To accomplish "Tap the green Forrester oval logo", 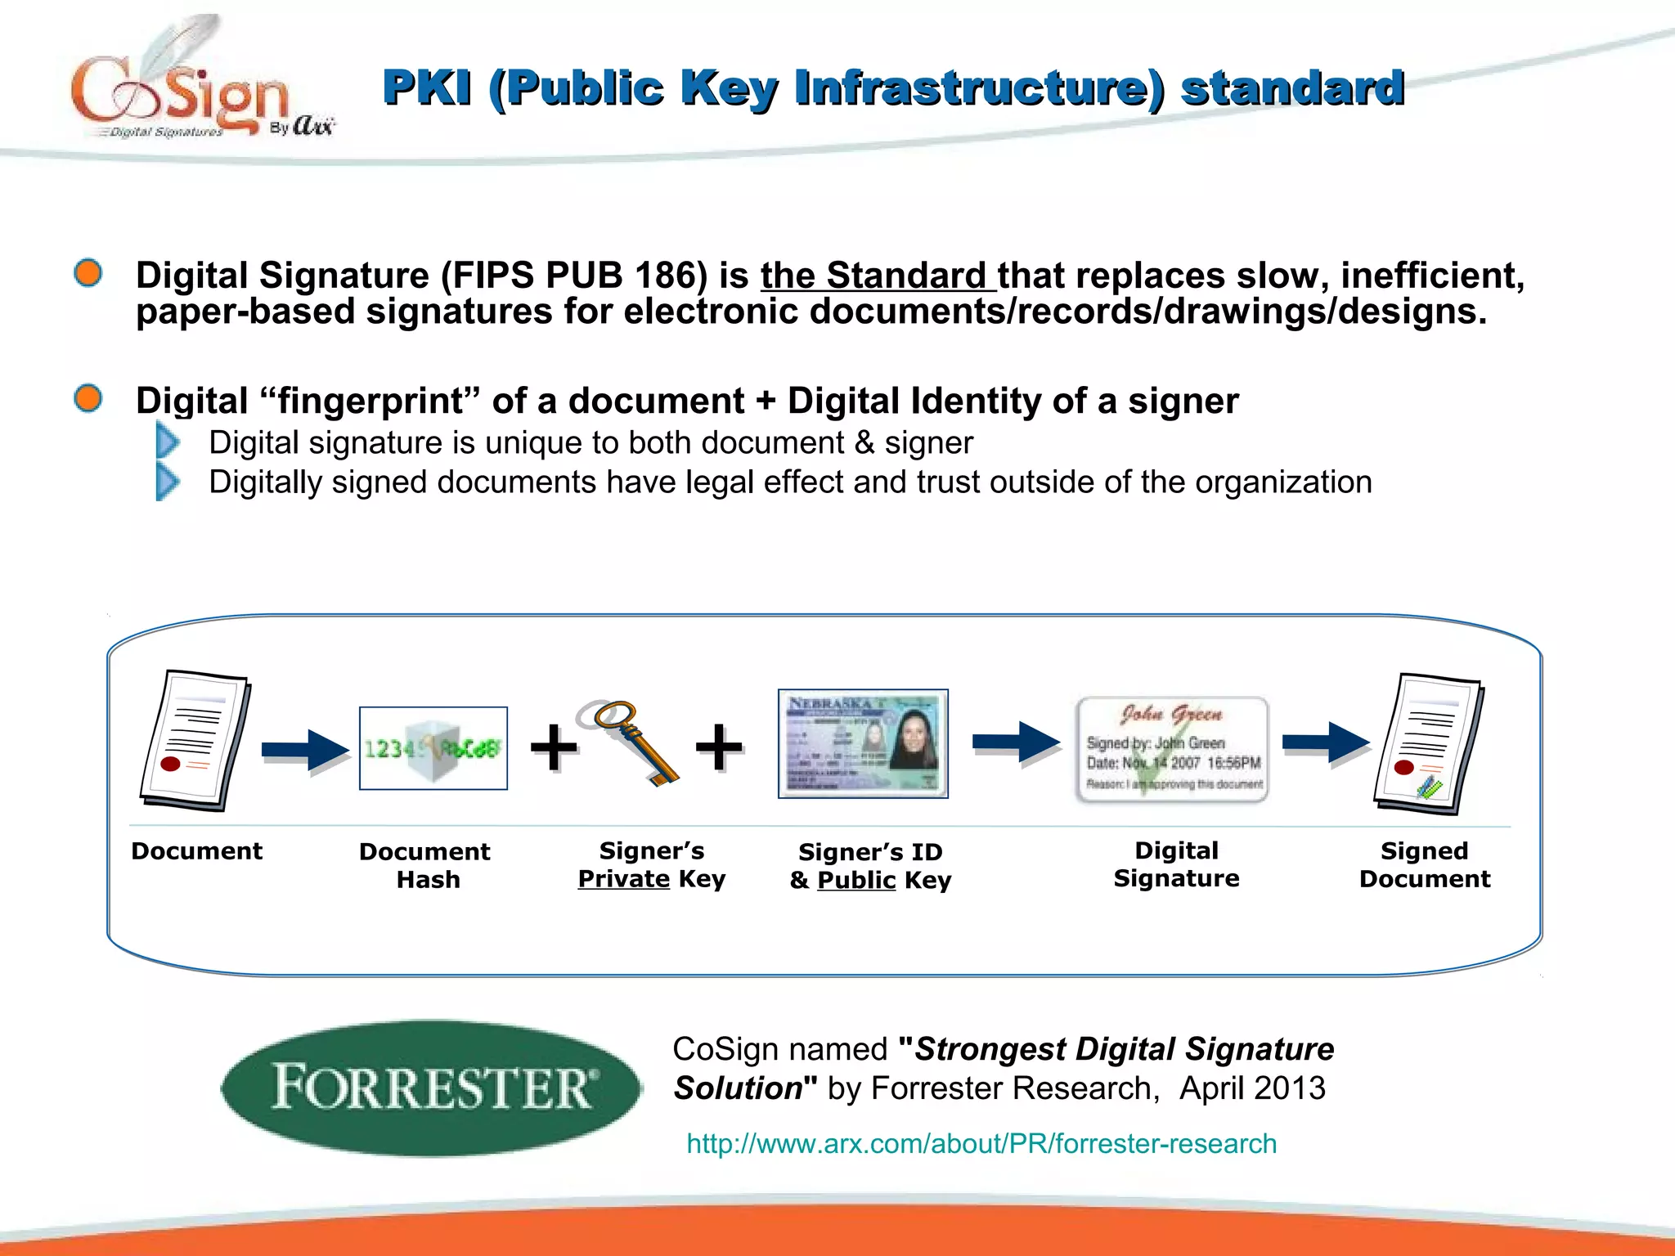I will click(x=431, y=1088).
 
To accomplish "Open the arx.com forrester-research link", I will click(x=981, y=1143).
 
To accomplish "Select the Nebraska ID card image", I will click(x=863, y=743).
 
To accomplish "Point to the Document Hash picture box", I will click(x=433, y=748).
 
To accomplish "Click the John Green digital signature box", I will click(x=1172, y=749).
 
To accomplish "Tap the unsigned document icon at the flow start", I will click(x=195, y=740).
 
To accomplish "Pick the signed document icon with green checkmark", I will click(x=1427, y=743).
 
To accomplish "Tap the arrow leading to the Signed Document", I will click(x=1325, y=743).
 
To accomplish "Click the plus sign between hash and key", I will click(x=554, y=747).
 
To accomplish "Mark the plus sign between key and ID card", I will click(x=719, y=747).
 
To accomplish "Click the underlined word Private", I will click(x=623, y=879).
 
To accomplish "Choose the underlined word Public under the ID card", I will click(x=856, y=881).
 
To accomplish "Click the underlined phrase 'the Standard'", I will click(x=878, y=276).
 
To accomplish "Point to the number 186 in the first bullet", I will click(x=671, y=276).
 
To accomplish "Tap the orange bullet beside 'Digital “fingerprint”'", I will click(x=88, y=399).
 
